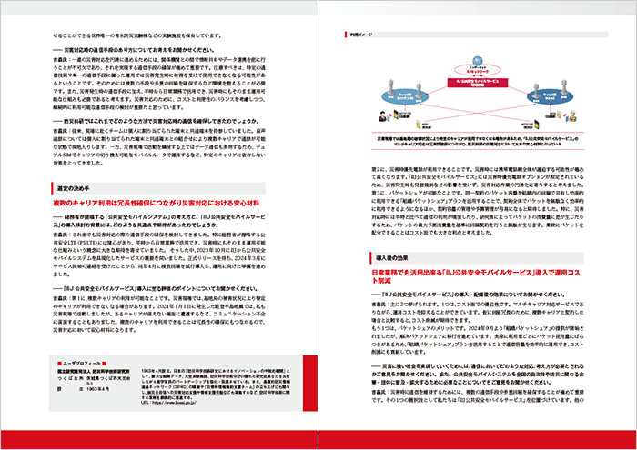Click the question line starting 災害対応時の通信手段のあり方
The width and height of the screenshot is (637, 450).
tap(136, 47)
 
